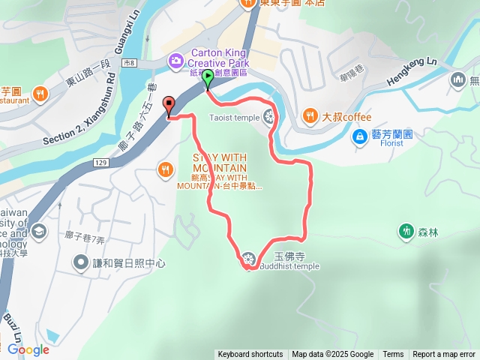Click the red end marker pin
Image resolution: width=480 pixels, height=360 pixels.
[x=169, y=105]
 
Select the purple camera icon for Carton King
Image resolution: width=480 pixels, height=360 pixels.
[x=175, y=59]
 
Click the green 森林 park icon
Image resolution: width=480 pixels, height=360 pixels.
[x=406, y=230]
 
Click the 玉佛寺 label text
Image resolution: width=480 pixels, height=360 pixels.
[x=287, y=256]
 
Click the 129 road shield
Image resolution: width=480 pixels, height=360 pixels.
[x=102, y=162]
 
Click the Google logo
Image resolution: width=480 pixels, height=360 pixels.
[x=28, y=349]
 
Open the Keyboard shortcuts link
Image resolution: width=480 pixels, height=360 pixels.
[x=250, y=355]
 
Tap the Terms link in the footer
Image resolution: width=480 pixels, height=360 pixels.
[x=393, y=355]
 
